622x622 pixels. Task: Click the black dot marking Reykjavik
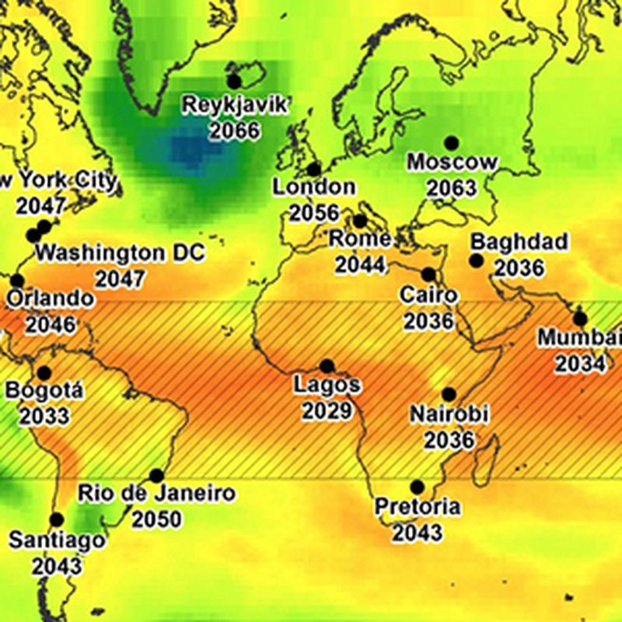coord(234,80)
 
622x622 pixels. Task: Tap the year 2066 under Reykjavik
coord(234,129)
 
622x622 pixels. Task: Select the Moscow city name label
coord(452,162)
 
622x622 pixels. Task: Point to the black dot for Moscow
coord(451,143)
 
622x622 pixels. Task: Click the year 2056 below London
coord(315,212)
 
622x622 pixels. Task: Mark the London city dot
coord(313,169)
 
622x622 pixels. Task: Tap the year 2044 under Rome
coord(360,264)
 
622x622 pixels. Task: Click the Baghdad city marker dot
coord(476,260)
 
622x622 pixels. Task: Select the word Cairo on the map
coord(428,295)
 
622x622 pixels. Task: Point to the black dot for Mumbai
coord(580,319)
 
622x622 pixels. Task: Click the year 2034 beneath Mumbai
coord(579,363)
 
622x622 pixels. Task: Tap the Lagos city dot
coord(327,365)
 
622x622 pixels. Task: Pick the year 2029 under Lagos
coord(327,410)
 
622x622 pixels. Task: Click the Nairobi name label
coord(449,414)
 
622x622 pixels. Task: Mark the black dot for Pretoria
coord(418,487)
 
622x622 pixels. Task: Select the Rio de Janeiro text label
coord(156,493)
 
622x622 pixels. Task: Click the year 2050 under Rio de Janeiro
coord(156,519)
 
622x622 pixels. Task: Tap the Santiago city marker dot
coord(56,519)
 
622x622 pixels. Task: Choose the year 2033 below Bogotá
coord(44,416)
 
